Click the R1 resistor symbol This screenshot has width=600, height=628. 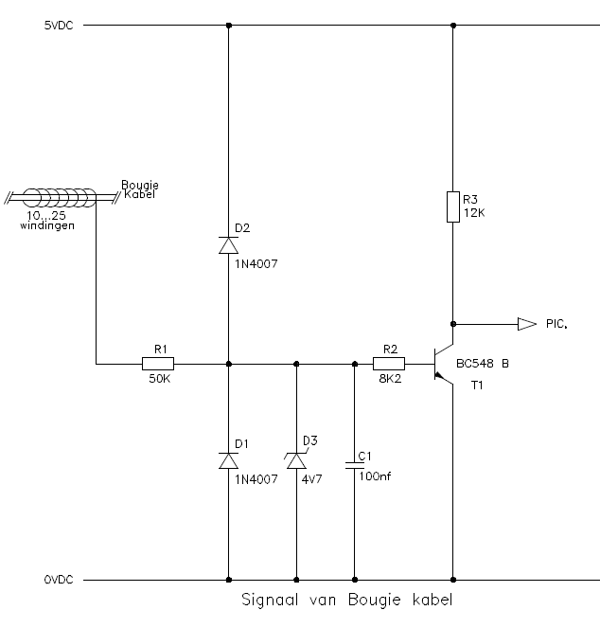click(x=158, y=364)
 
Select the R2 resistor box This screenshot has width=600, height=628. click(x=389, y=364)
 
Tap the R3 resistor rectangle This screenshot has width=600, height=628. click(x=453, y=206)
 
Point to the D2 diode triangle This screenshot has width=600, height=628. click(x=229, y=245)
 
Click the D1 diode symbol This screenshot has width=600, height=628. click(x=229, y=460)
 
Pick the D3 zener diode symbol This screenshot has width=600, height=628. click(x=296, y=460)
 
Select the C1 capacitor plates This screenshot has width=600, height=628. click(x=355, y=465)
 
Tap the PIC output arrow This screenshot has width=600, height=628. click(x=527, y=324)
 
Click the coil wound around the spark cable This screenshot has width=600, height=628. click(x=60, y=197)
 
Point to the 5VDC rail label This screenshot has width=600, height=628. click(x=59, y=26)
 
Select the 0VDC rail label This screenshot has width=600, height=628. click(x=59, y=580)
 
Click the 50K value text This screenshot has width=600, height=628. click(x=160, y=379)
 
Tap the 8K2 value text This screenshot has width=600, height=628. click(x=390, y=379)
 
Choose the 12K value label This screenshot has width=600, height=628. click(x=474, y=213)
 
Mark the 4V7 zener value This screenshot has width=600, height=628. click(x=311, y=479)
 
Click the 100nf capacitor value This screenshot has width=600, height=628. click(x=375, y=476)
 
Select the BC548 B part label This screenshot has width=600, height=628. click(x=483, y=364)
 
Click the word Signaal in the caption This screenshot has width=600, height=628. click(x=270, y=600)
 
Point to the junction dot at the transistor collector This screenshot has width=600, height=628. click(x=453, y=324)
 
